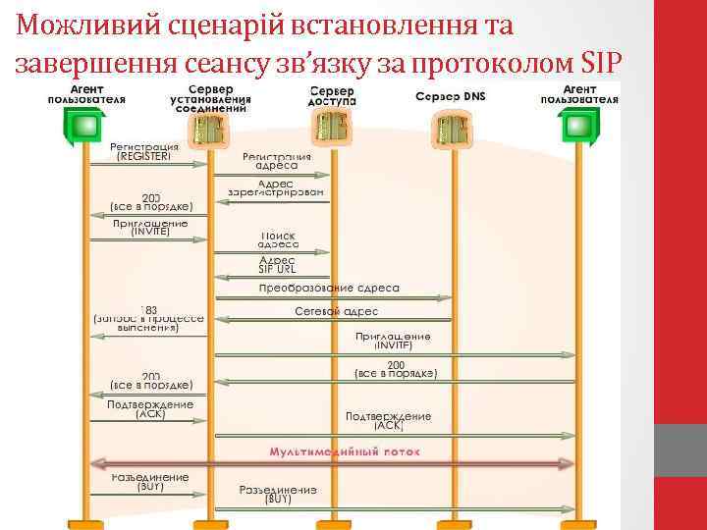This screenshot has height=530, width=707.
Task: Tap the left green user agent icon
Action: click(86, 125)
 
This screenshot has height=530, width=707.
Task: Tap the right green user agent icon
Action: click(579, 125)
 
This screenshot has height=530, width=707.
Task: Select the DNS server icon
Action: click(451, 124)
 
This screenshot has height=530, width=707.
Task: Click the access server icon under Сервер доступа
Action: click(331, 125)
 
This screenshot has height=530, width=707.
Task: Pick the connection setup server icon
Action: click(212, 126)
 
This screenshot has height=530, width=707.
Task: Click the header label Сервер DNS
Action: click(450, 96)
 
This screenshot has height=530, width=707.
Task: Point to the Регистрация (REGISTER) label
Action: click(144, 150)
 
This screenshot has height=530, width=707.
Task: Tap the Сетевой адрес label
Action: click(336, 311)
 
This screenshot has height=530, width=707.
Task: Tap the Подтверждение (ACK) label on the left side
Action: click(150, 409)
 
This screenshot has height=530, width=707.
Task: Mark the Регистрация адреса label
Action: click(277, 161)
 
